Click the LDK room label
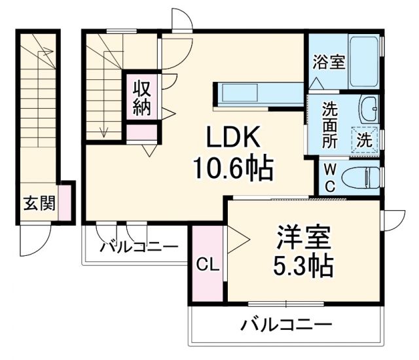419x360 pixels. (234, 139)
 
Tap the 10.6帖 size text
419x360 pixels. (233, 170)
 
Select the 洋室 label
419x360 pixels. (301, 237)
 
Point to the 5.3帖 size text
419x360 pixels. (301, 266)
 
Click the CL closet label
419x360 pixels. (208, 265)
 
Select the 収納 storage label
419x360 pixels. (142, 98)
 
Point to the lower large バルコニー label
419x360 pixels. (285, 324)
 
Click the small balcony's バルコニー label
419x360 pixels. (139, 247)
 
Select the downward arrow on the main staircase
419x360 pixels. (103, 131)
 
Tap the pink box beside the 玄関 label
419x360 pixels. (66, 203)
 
